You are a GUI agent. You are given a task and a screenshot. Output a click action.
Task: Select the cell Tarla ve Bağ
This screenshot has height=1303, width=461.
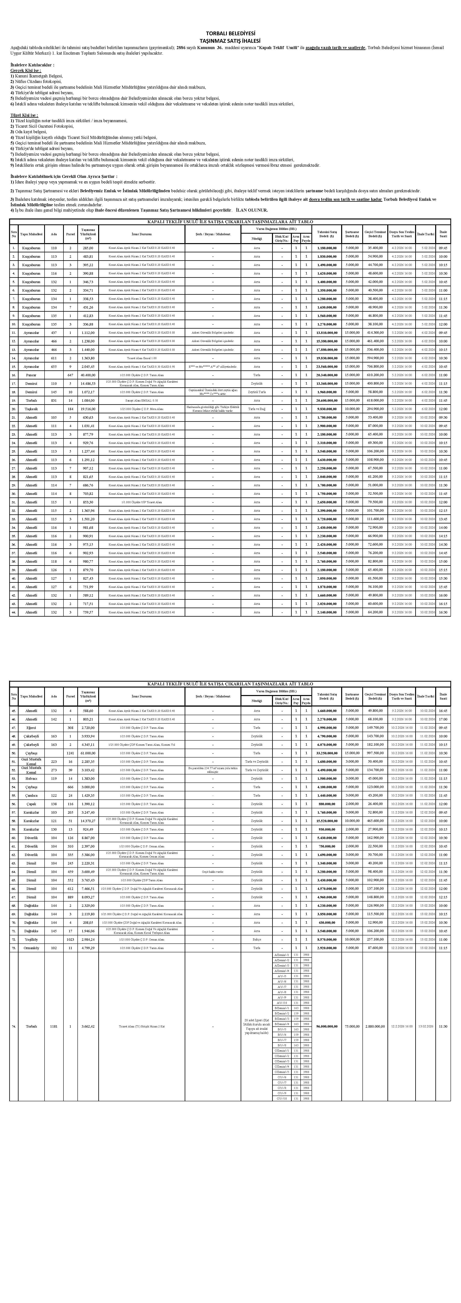tap(257, 409)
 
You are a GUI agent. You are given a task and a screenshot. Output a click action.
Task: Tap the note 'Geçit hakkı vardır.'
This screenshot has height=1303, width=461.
tap(212, 872)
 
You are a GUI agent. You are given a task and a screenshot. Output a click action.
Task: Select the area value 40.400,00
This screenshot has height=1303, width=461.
tap(88, 375)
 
